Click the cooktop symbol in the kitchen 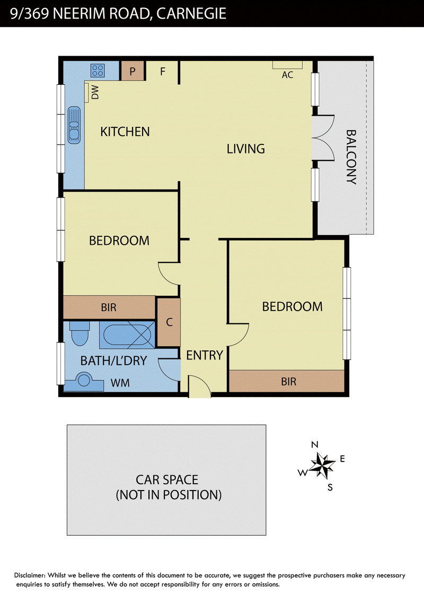[98, 71]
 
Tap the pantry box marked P [132, 71]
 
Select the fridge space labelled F [162, 71]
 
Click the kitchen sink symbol [74, 125]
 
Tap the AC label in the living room [287, 75]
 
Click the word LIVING [246, 149]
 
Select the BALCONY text [351, 157]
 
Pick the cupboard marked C [169, 322]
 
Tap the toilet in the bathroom [79, 333]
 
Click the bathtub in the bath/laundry [127, 334]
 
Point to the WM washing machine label [120, 383]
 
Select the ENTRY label [205, 355]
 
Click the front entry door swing [199, 387]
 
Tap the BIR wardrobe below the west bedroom [109, 307]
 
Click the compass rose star [322, 465]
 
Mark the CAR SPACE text [167, 479]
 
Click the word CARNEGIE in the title [191, 13]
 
